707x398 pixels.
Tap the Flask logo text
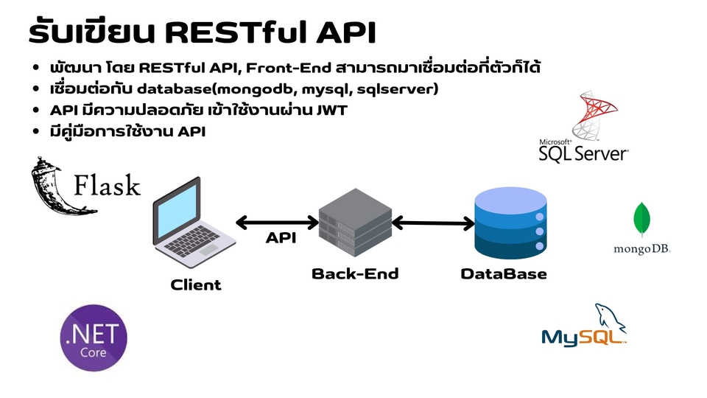click(x=107, y=184)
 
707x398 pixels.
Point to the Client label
click(x=196, y=284)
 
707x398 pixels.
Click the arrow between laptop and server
click(x=276, y=222)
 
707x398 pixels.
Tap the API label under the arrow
click(x=280, y=240)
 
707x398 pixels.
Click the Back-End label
click(x=355, y=274)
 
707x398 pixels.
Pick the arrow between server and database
click(x=433, y=222)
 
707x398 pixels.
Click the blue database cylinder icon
click(x=510, y=222)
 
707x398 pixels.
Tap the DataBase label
click(x=504, y=274)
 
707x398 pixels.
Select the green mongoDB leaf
click(x=642, y=219)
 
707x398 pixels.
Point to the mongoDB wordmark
click(x=642, y=250)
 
